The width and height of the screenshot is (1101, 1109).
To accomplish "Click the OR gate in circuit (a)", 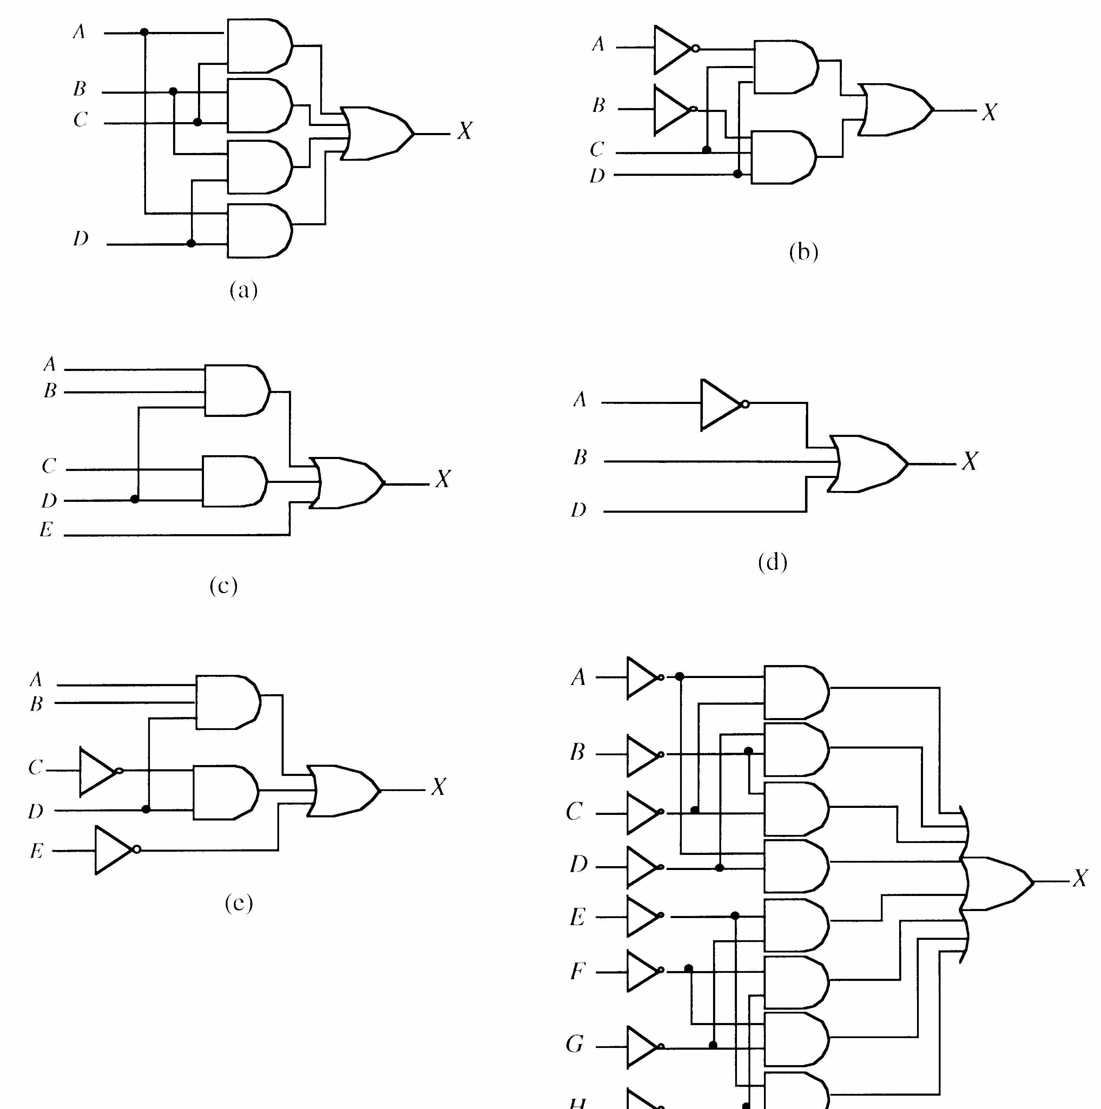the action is [376, 133].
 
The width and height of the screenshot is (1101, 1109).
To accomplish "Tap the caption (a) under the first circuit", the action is [244, 291].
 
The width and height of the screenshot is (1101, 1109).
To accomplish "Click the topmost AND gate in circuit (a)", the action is [258, 46].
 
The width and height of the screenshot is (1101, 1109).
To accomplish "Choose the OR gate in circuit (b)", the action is [894, 109].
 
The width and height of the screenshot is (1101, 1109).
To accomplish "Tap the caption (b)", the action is [804, 252].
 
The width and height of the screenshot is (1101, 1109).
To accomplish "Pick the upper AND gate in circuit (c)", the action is [236, 390].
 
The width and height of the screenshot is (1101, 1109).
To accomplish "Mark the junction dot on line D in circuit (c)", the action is [135, 499].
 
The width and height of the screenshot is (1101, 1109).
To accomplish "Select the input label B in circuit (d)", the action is [580, 458].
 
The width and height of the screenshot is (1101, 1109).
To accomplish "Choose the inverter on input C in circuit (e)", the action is [99, 771].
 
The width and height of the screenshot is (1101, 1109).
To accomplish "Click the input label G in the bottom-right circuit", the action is [575, 1044].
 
